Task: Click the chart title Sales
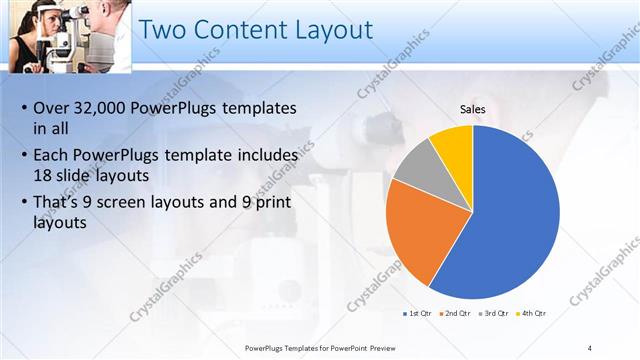[x=473, y=108]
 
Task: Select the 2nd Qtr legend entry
[x=457, y=314]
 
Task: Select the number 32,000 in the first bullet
[x=100, y=108]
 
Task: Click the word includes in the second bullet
[x=266, y=156]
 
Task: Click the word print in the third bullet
[x=282, y=202]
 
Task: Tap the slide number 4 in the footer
[x=590, y=347]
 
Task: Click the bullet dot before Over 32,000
[x=24, y=109]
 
